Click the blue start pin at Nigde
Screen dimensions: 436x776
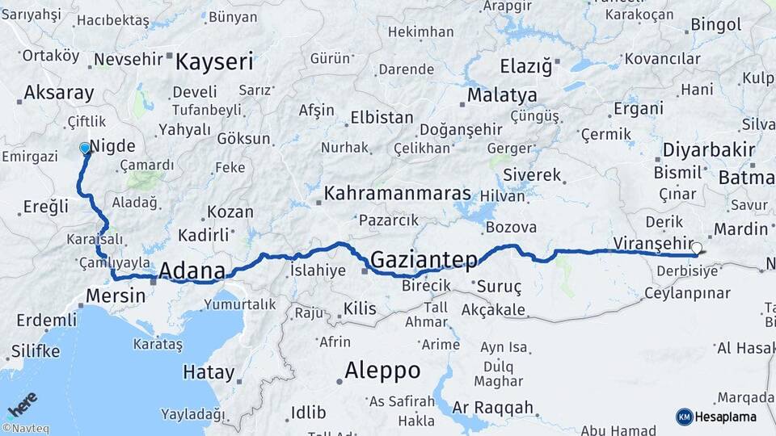[x=86, y=148]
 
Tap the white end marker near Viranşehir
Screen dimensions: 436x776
[x=697, y=249]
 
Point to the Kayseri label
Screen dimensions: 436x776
[x=214, y=61]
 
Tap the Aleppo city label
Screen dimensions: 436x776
[x=382, y=370]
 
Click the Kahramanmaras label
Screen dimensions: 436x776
[x=397, y=194]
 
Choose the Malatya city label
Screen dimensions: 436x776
[x=502, y=95]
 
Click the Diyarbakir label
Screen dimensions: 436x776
[x=709, y=149]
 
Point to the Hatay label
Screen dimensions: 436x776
[x=209, y=372]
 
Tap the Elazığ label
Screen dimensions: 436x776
[x=525, y=65]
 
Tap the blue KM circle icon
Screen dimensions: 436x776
[x=684, y=417]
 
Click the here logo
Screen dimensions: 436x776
[x=23, y=403]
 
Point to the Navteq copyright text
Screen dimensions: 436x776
[x=25, y=429]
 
